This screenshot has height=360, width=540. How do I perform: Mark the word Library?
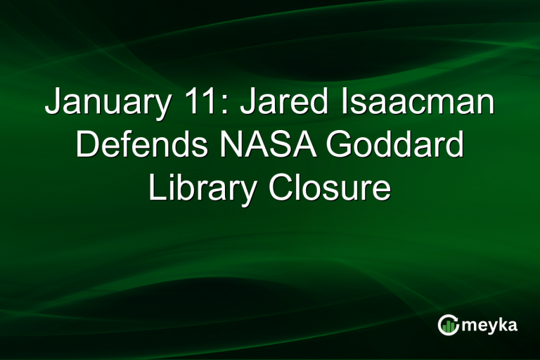[200, 188]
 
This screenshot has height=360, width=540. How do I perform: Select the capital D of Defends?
[86, 146]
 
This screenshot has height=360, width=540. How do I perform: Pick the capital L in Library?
[156, 188]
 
